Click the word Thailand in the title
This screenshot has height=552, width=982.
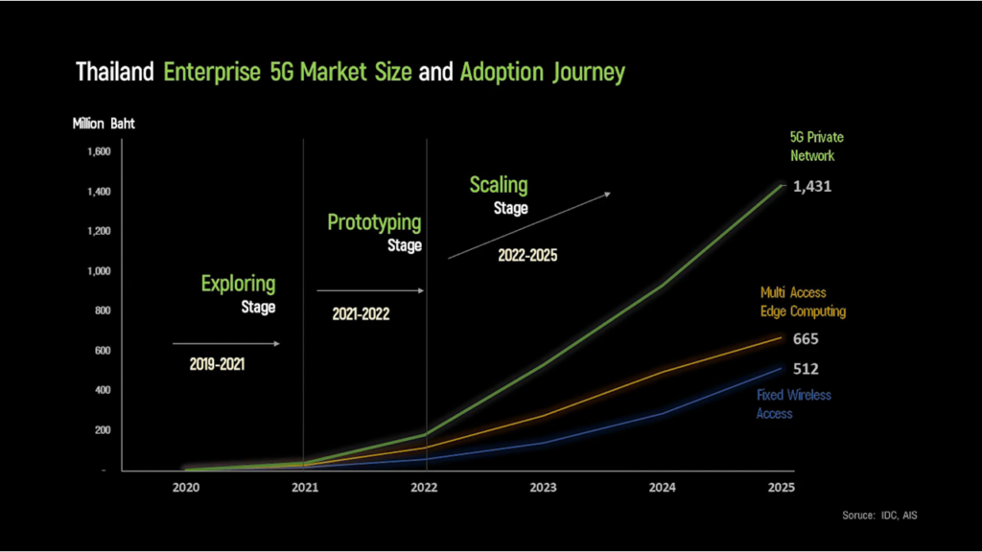coord(115,72)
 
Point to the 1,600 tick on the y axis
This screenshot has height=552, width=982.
coord(99,151)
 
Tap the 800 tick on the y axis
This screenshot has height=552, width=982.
coord(104,310)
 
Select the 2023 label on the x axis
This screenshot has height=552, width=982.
coord(543,487)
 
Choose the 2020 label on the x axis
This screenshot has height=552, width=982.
coord(185,487)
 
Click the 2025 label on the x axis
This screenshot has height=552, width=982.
coord(781,487)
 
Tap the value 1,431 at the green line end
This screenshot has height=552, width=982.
coord(811,187)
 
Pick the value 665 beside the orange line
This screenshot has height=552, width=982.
coord(806,339)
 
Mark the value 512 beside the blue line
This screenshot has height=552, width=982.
coord(806,369)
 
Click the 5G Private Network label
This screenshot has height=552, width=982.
coord(811,147)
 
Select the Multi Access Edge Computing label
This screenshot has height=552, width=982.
coord(803,302)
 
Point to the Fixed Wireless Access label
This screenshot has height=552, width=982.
coord(793,403)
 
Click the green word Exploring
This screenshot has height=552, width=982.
coord(238,284)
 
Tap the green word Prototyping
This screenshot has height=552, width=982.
coord(374,222)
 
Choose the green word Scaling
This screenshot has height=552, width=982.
coord(498,185)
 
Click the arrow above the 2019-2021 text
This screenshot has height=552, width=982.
coord(225,343)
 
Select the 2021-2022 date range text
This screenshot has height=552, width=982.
coord(361,313)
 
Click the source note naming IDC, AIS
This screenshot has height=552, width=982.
coord(881,516)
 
